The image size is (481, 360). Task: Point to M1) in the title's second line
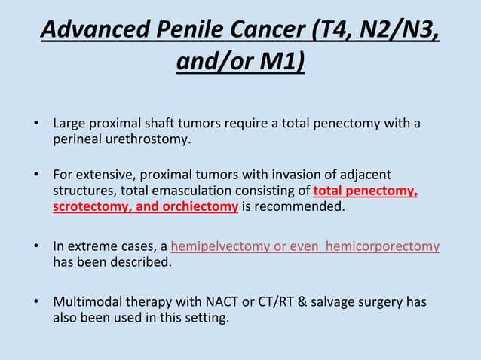point(283,61)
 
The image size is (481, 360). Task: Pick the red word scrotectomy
point(88,206)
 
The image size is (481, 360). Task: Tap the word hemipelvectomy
point(218,246)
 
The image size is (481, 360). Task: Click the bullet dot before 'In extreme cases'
point(35,246)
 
